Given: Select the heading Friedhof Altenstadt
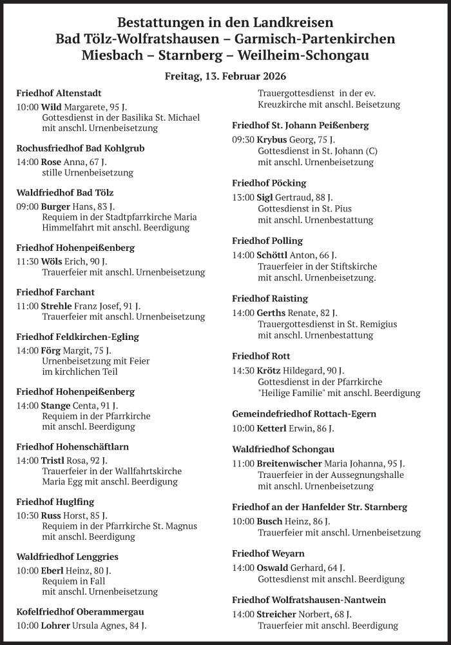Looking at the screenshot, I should tap(59, 94).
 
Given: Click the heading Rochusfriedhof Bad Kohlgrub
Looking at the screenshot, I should tap(81, 148).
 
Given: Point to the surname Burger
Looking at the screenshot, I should tap(55, 206).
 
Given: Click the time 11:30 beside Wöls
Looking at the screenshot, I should tap(27, 261).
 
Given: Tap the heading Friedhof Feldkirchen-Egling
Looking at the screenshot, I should tap(77, 337).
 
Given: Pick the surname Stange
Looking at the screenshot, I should tap(55, 406).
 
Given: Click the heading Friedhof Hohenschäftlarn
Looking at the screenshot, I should tap(72, 446).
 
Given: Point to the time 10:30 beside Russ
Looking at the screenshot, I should tap(27, 515).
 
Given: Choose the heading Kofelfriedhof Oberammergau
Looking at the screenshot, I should tap(80, 611).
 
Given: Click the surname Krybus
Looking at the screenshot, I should tap(271, 139).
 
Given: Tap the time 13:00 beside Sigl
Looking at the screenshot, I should tap(243, 197).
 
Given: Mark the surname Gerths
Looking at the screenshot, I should tap(271, 313).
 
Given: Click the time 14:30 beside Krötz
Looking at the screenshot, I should tap(243, 371).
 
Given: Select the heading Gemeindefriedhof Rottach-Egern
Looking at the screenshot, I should tap(304, 414).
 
